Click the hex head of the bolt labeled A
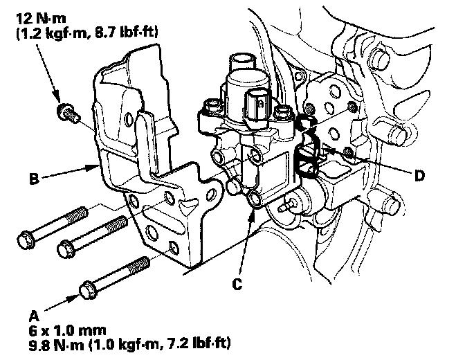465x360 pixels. (89, 289)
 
